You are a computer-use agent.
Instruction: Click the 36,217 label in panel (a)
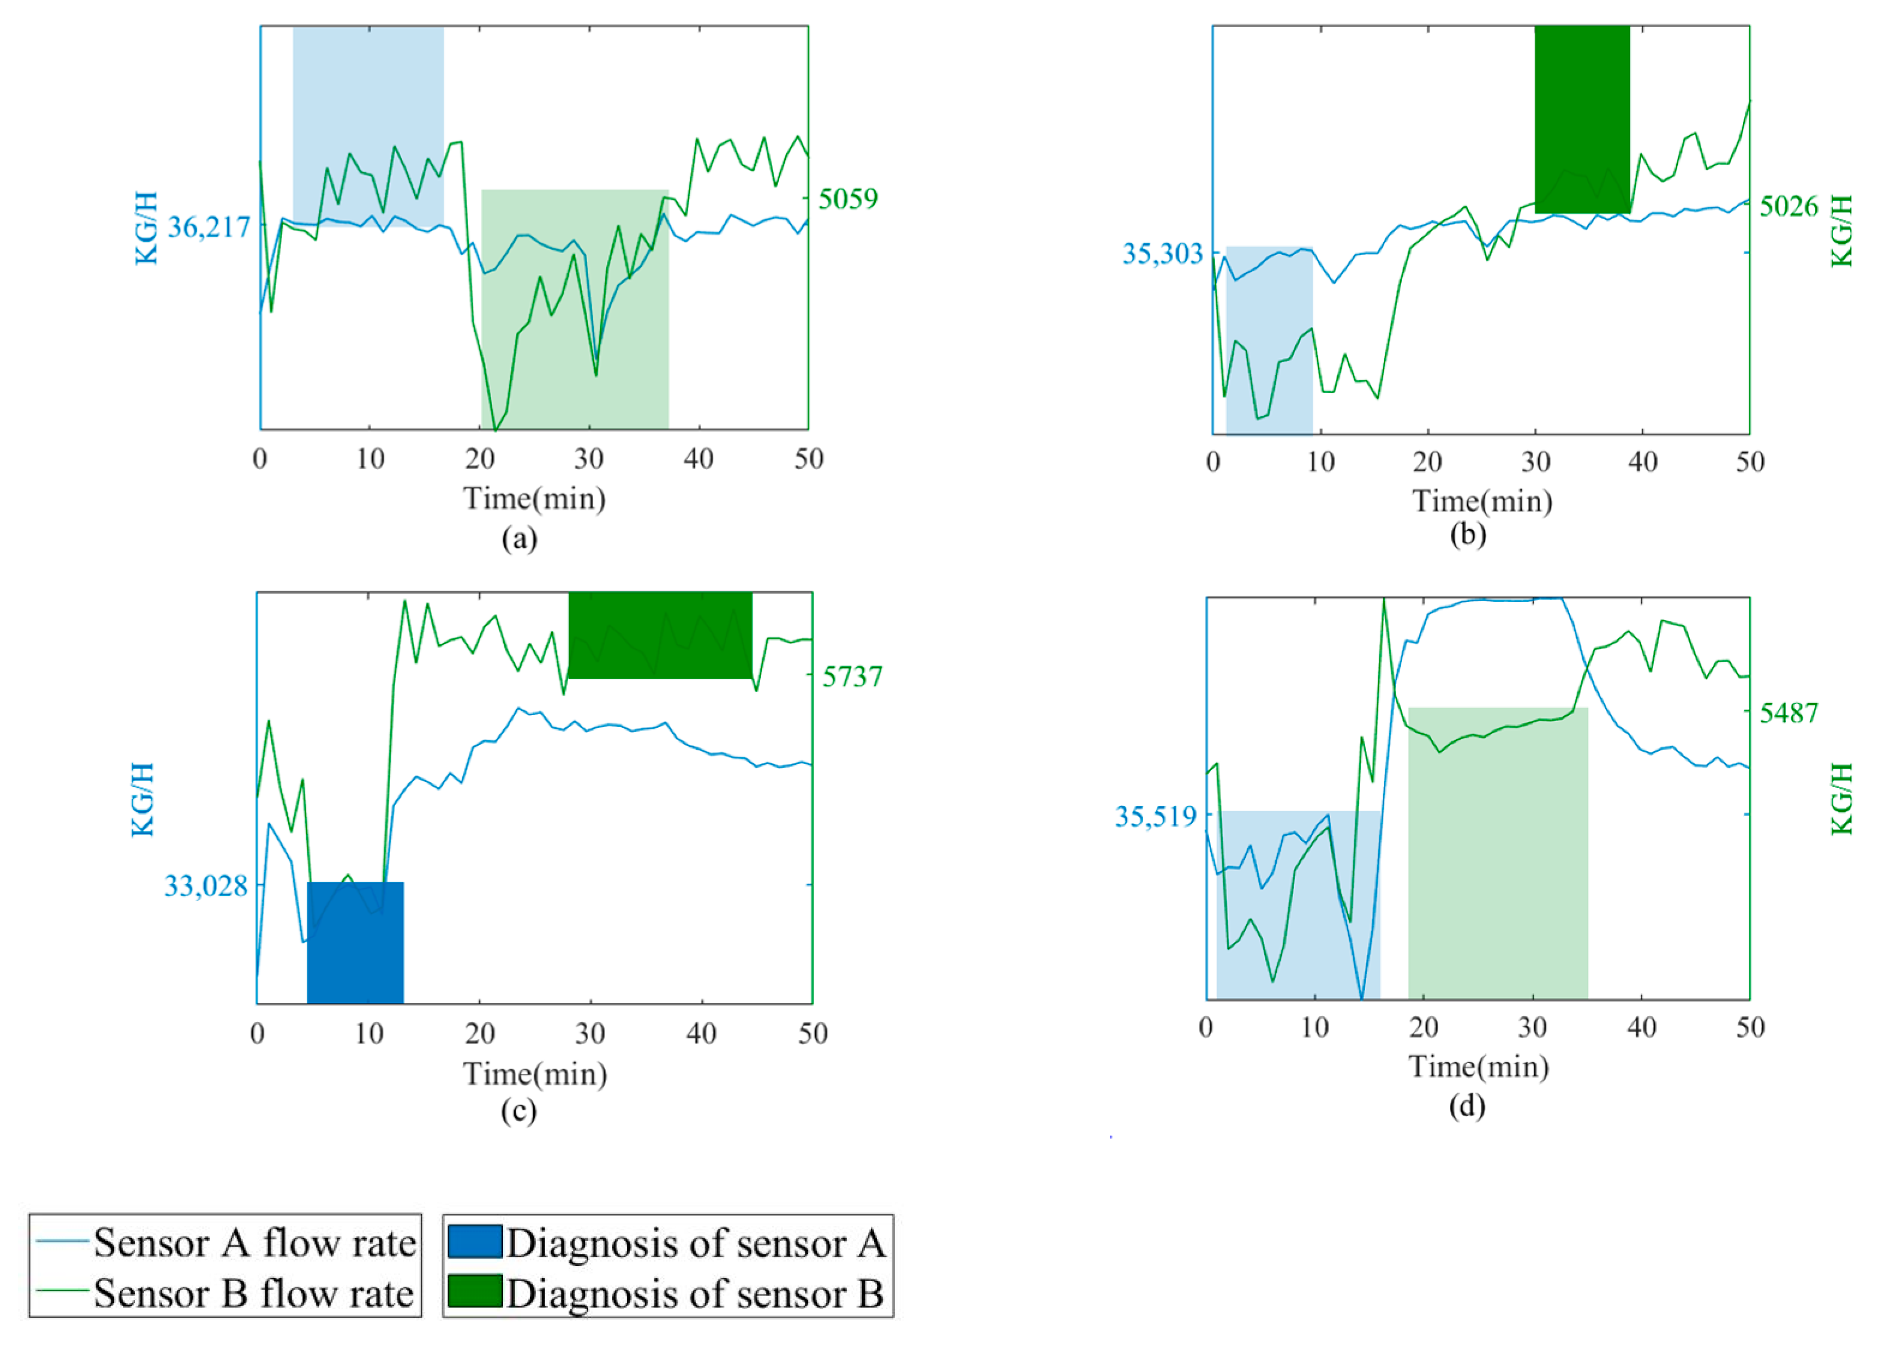[208, 226]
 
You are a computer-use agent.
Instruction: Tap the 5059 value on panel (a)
[847, 199]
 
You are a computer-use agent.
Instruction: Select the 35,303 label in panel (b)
[1162, 253]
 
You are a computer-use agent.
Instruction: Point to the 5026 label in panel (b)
[1789, 206]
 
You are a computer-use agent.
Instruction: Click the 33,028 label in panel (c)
[206, 886]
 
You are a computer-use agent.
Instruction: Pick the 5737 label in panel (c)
[852, 677]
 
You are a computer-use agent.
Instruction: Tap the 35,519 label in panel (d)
[1155, 816]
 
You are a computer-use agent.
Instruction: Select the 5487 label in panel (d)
[1789, 713]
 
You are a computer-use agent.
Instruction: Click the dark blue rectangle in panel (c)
[355, 943]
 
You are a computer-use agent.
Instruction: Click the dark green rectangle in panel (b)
[1581, 119]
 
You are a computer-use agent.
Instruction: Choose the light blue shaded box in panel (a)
[367, 124]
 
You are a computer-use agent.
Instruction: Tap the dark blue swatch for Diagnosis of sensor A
[474, 1242]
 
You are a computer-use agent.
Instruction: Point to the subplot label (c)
[519, 1110]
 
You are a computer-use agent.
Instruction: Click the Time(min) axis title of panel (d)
[1478, 1066]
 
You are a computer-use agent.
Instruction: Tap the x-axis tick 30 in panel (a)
[589, 459]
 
